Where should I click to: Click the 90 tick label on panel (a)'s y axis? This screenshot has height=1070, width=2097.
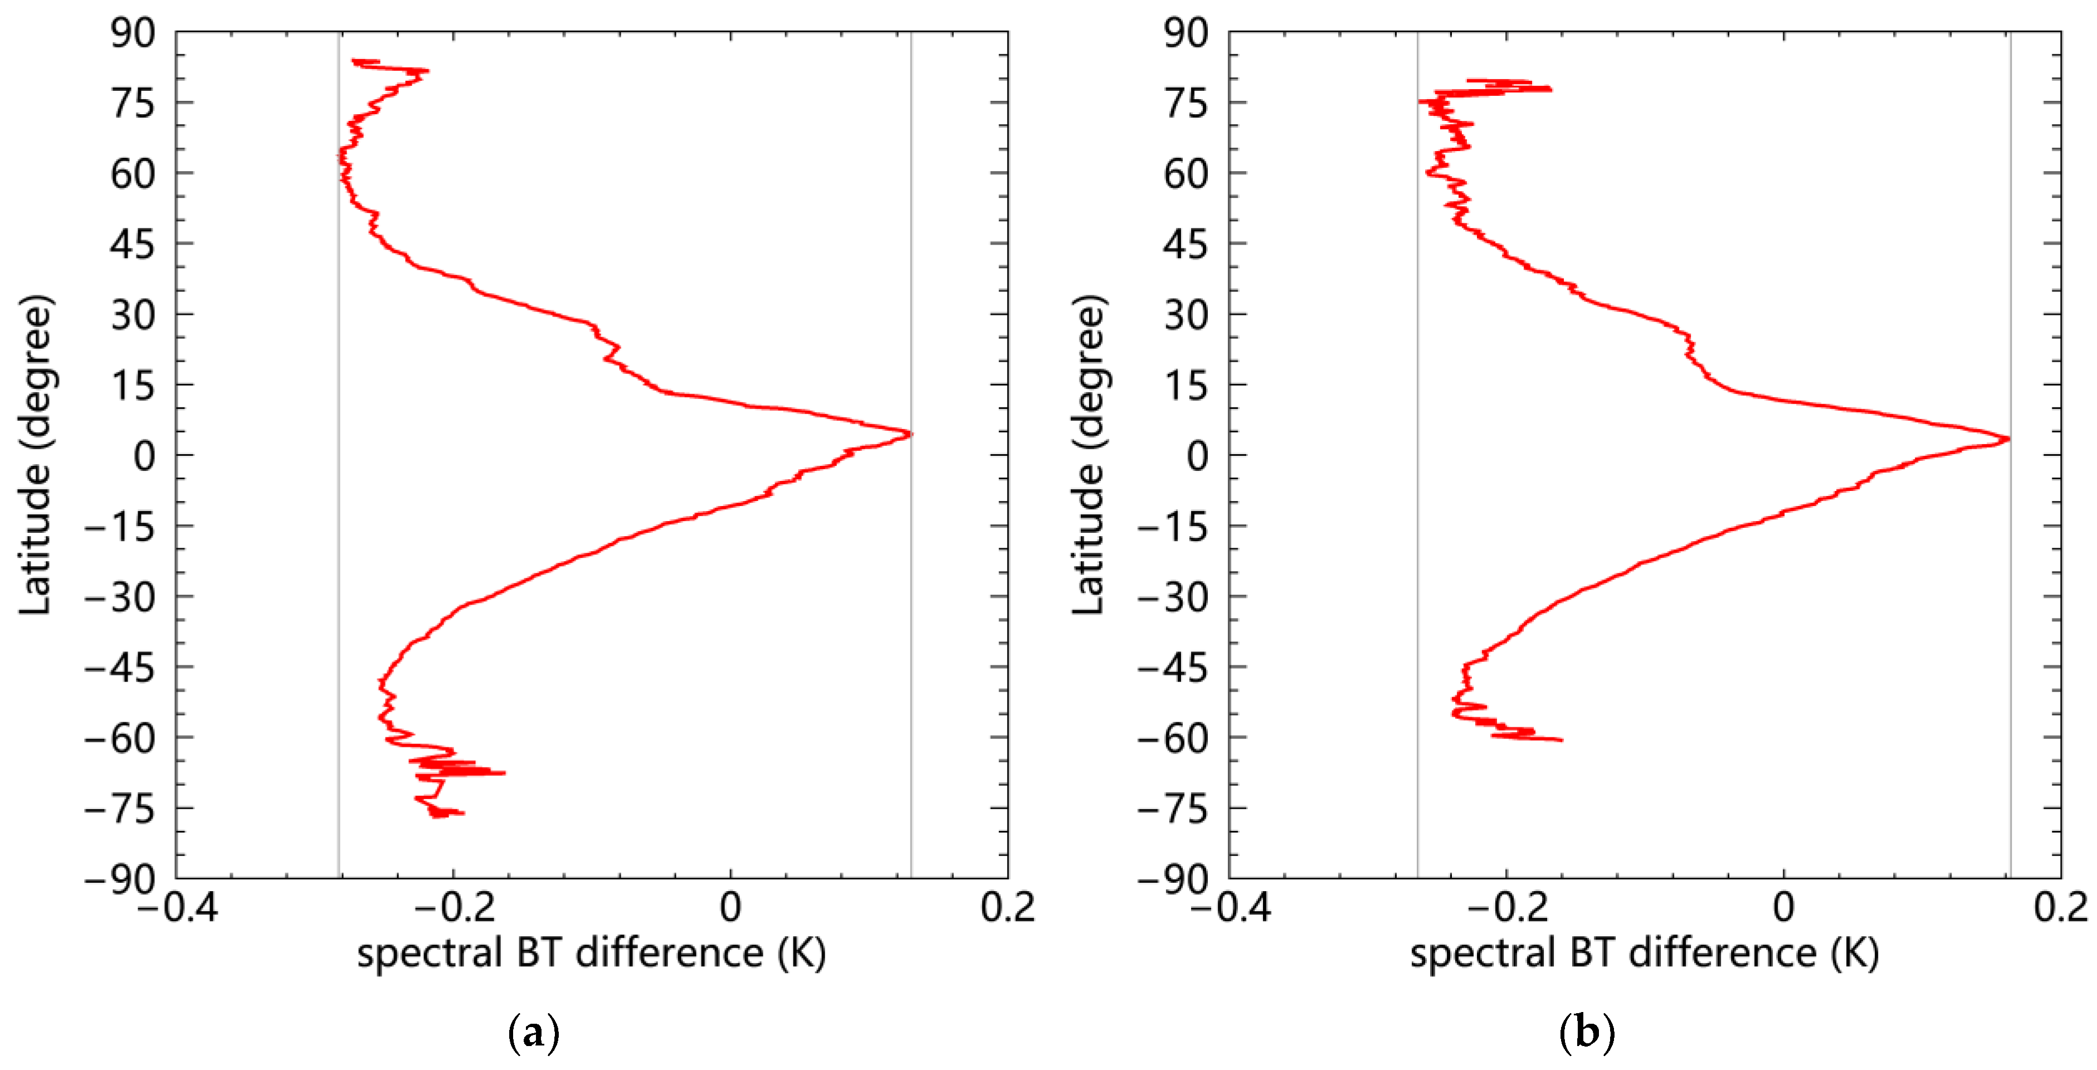click(x=132, y=33)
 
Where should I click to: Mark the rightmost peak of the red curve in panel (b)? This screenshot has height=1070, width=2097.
click(x=2009, y=439)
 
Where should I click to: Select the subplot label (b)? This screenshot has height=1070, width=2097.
click(x=1586, y=1033)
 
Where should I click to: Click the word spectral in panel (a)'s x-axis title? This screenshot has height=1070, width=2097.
click(x=429, y=954)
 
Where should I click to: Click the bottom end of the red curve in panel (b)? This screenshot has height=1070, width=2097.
click(x=1560, y=740)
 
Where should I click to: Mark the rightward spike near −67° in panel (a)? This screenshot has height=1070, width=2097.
click(x=504, y=772)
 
